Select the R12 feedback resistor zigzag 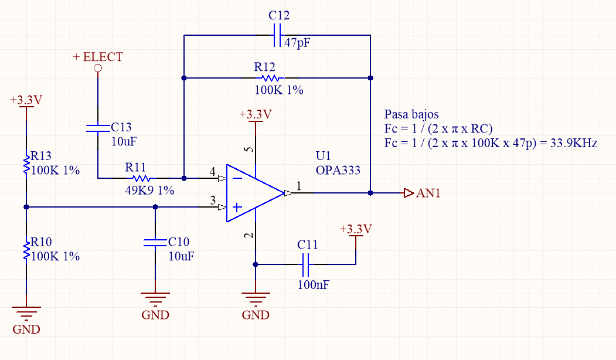[270, 78]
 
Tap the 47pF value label [297, 42]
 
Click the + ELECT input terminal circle [98, 69]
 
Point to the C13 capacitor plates [98, 128]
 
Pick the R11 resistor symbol [141, 178]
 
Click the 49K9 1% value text [149, 191]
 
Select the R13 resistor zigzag [26, 164]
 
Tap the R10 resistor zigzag [26, 250]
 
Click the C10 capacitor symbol [155, 243]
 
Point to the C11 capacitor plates [305, 264]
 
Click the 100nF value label [314, 284]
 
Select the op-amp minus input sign [237, 178]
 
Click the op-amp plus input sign [237, 207]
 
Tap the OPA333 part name [338, 170]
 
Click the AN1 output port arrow [409, 193]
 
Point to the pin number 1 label [298, 185]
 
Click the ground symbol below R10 [26, 313]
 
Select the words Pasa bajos [411, 114]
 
